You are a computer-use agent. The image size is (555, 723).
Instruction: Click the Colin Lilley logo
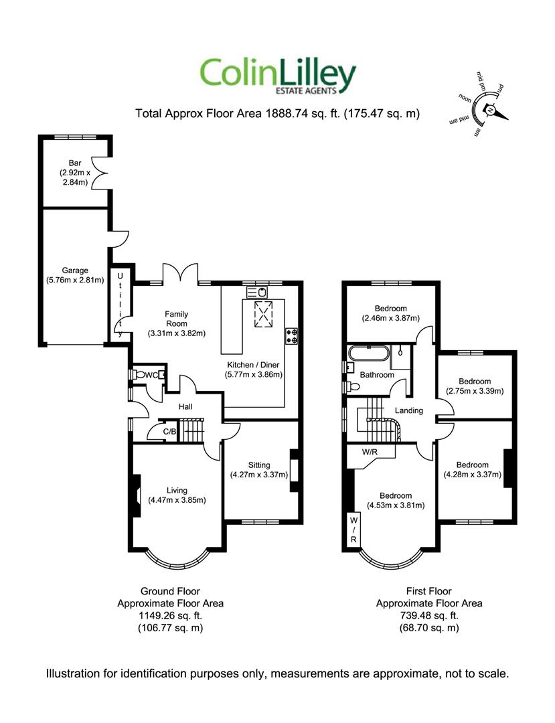[x=278, y=76]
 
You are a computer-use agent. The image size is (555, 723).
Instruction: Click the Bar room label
[x=75, y=163]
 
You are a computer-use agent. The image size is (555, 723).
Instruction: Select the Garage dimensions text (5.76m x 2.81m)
[x=75, y=280]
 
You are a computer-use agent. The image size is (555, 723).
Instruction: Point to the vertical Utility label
[x=121, y=305]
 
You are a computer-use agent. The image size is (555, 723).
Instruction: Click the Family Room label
[x=177, y=319]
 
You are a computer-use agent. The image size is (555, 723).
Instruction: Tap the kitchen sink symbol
[x=257, y=293]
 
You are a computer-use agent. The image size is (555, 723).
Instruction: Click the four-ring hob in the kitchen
[x=292, y=335]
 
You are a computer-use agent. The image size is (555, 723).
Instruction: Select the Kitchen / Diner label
[x=254, y=365]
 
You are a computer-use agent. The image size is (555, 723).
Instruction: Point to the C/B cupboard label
[x=169, y=432]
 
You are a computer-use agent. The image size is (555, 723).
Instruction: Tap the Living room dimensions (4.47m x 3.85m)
[x=177, y=500]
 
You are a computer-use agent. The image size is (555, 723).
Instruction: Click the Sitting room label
[x=259, y=465]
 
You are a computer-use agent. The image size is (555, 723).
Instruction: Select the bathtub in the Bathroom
[x=369, y=354]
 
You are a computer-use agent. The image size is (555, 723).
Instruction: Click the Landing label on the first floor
[x=409, y=410]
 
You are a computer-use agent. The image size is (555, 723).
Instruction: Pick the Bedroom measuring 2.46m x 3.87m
[x=391, y=313]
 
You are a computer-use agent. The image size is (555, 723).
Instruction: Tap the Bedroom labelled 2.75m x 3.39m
[x=475, y=386]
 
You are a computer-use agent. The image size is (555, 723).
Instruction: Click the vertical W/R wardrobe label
[x=353, y=530]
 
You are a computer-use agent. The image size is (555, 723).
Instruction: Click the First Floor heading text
[x=428, y=591]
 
